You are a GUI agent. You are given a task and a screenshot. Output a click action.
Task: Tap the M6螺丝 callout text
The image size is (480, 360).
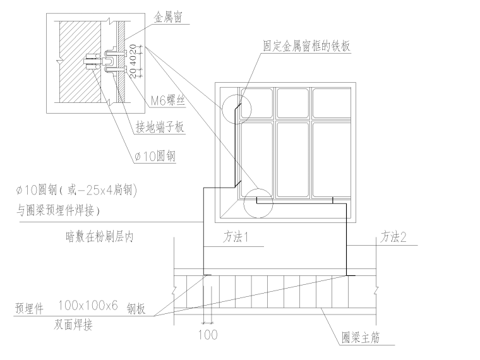pos(167,100)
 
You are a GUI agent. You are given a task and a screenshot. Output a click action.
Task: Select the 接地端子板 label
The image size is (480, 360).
pos(160,127)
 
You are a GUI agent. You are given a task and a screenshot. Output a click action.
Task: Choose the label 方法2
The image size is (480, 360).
pos(393,238)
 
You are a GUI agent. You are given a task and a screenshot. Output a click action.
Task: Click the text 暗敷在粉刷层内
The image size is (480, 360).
pos(100,238)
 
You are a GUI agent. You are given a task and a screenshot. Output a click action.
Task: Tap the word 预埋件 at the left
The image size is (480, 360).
pos(30,309)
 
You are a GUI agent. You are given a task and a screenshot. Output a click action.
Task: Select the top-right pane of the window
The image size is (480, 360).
pos(332,103)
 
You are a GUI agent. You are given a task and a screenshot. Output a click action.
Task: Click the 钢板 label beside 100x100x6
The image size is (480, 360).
pos(136,309)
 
